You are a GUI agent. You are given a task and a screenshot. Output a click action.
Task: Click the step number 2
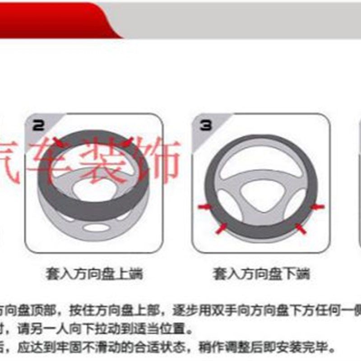(x=39, y=125)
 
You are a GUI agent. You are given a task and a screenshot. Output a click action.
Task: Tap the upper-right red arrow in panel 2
(x=128, y=141)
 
